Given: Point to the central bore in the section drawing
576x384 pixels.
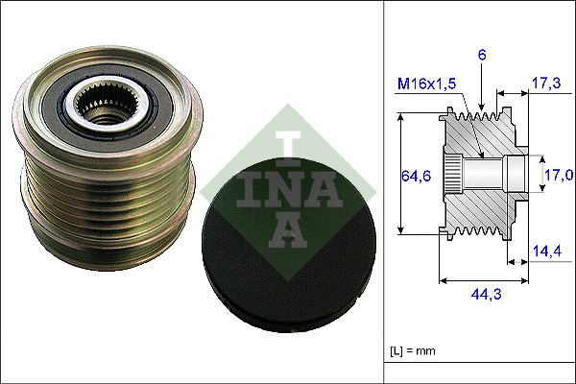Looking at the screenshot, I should click(x=490, y=175).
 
